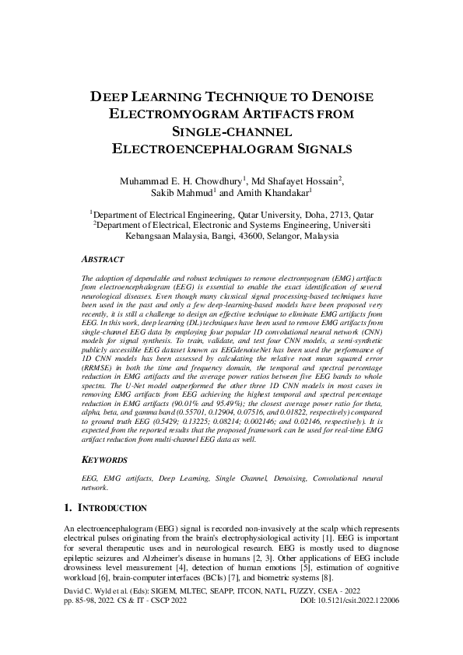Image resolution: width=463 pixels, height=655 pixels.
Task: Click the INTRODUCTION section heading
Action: [x=114, y=508]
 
